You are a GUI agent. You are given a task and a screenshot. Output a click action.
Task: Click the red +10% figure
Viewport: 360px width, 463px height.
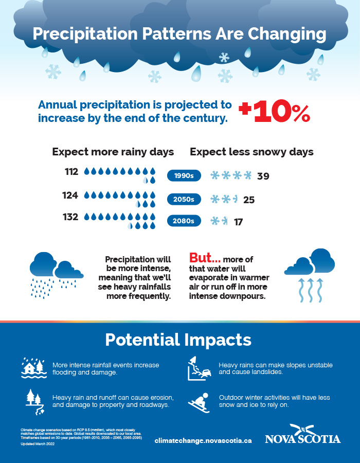(x=275, y=112)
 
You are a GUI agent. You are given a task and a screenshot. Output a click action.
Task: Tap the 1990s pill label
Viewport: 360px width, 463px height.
(x=184, y=176)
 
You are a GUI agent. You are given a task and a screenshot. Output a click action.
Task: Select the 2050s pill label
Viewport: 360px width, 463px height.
(x=184, y=199)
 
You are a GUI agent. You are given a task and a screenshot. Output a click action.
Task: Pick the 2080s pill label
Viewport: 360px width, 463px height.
(x=184, y=221)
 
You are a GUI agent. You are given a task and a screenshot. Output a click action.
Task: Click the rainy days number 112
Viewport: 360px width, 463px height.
(x=71, y=172)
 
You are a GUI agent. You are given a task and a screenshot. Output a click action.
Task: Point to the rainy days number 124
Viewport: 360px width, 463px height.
(x=71, y=195)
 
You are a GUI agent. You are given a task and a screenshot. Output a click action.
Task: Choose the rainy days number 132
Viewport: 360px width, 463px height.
(x=71, y=217)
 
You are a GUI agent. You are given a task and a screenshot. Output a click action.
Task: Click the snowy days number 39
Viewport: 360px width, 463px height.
(x=263, y=176)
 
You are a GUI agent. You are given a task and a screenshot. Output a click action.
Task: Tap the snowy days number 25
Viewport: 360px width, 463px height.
(x=249, y=200)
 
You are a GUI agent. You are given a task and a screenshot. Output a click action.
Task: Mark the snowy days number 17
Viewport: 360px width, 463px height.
(x=238, y=222)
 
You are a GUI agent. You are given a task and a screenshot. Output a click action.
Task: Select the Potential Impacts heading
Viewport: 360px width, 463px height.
(x=178, y=340)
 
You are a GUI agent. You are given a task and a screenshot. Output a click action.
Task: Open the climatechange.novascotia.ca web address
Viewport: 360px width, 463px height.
(x=203, y=440)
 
